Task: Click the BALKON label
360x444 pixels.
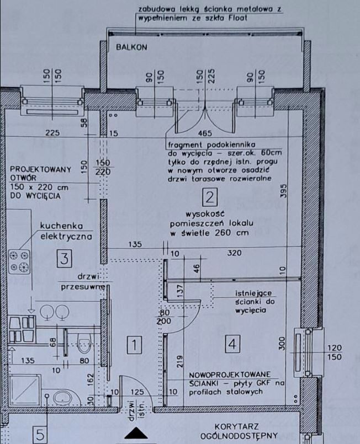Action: coord(131,47)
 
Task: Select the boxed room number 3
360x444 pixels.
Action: coord(65,257)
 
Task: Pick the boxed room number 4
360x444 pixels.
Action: coord(232,344)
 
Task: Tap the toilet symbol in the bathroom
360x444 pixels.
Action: coord(84,345)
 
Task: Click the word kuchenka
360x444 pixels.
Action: coord(57,226)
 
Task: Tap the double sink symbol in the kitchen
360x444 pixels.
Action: coord(54,313)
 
